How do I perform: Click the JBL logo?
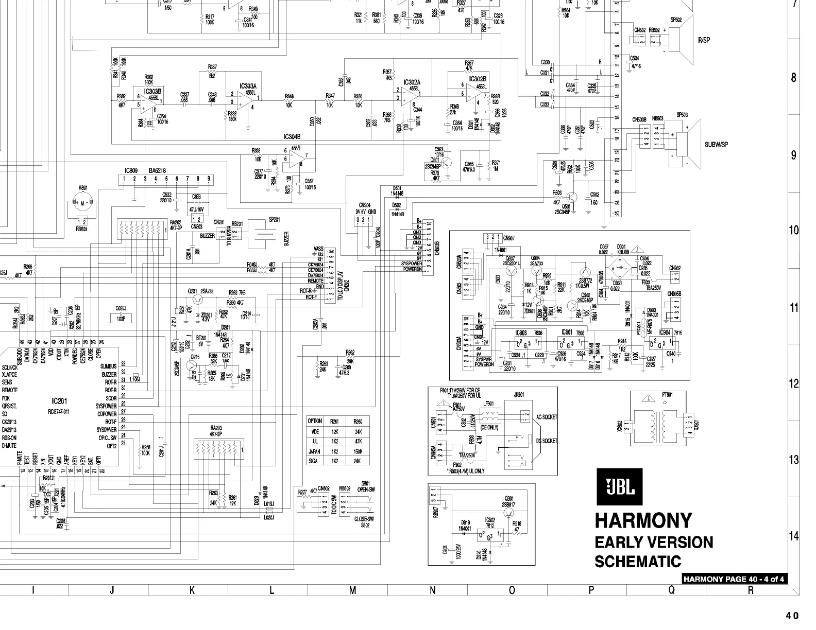click(x=620, y=486)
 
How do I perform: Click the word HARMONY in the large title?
click(x=643, y=520)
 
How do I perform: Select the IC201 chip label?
click(x=59, y=401)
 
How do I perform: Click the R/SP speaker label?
click(x=704, y=40)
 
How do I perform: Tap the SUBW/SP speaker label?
click(x=716, y=144)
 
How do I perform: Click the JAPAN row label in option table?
click(x=314, y=451)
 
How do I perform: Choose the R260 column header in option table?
click(x=358, y=421)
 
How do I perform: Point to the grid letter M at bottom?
click(x=352, y=590)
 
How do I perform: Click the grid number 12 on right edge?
click(x=794, y=383)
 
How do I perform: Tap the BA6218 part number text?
click(x=158, y=170)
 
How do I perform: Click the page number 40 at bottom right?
click(x=792, y=616)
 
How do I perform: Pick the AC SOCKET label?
click(x=546, y=417)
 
